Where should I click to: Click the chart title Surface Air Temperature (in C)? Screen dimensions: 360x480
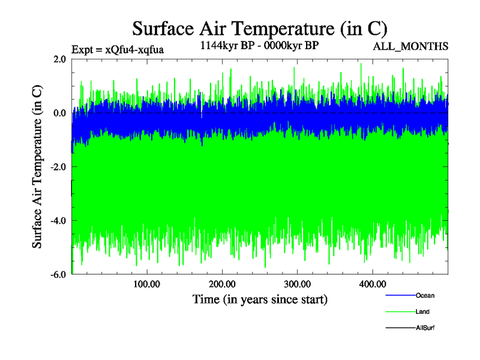[260, 29]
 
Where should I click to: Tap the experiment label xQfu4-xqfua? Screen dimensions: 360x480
[117, 49]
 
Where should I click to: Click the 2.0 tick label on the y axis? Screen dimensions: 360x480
[59, 59]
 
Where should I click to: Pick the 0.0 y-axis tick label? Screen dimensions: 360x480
[59, 113]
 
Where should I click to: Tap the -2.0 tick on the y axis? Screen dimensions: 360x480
[58, 167]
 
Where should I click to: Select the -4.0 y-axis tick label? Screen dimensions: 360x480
[58, 221]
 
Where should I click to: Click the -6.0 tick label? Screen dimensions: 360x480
[58, 275]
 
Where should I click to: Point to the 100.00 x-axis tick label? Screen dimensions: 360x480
[147, 284]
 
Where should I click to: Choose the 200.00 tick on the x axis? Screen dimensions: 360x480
[222, 284]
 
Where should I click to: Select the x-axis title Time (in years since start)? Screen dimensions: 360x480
[260, 299]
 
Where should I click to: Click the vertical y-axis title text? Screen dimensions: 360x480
[37, 167]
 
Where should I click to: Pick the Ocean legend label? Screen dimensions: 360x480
[425, 295]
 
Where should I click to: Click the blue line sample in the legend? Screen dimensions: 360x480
[400, 295]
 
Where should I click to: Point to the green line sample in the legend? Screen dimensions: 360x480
[400, 311]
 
